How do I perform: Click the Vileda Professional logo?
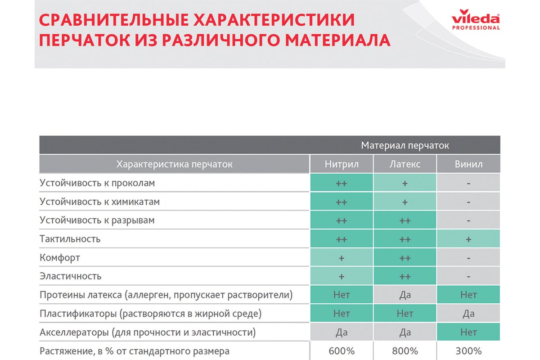[x=476, y=19]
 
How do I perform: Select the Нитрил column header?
[x=342, y=164]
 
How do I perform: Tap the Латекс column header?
[x=405, y=164]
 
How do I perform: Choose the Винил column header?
[x=468, y=164]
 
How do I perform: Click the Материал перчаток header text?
[x=405, y=145]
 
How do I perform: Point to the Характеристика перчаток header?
[x=174, y=164]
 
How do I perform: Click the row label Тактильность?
[x=70, y=239]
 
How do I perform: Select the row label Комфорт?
[x=60, y=258]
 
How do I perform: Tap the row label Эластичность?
[x=70, y=276]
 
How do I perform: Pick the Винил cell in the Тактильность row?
[x=468, y=238]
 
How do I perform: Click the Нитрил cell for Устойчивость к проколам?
[x=342, y=183]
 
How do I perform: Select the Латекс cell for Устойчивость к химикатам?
[x=405, y=202]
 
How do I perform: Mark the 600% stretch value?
[x=342, y=351]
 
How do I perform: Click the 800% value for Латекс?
[x=405, y=351]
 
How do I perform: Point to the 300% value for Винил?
[x=468, y=351]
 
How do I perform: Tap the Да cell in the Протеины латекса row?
[x=405, y=295]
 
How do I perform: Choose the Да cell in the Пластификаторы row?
[x=468, y=314]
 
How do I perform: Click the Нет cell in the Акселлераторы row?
[x=468, y=332]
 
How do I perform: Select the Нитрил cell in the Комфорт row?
[x=342, y=257]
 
